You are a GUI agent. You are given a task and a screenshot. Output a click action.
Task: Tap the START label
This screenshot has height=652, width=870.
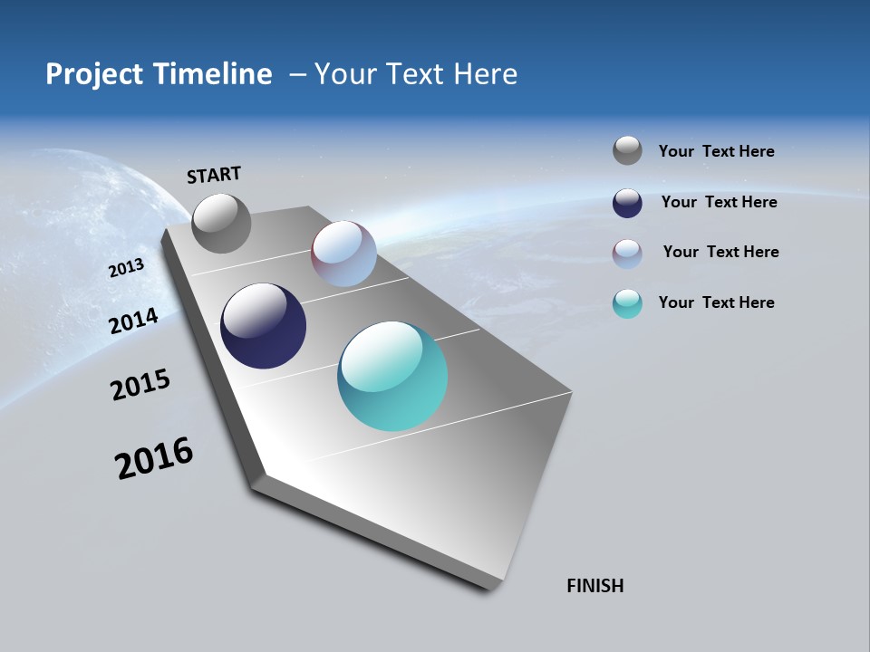214,175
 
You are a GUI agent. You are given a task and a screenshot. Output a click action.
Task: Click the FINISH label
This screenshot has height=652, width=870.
595,586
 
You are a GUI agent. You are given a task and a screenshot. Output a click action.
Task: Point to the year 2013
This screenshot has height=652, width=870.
127,268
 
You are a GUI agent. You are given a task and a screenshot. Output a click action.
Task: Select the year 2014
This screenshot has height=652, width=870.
134,321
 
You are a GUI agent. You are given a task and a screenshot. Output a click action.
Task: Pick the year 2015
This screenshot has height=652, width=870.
140,385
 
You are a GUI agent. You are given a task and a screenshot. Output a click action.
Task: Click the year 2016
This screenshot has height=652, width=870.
154,458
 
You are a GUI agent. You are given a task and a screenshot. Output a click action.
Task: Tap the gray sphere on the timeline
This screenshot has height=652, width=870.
222,223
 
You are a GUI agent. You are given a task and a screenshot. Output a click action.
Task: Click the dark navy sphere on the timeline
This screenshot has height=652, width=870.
264,326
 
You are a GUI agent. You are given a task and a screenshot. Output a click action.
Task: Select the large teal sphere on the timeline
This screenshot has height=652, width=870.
392,376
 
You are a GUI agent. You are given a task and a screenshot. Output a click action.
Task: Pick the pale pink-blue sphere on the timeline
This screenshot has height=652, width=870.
344,254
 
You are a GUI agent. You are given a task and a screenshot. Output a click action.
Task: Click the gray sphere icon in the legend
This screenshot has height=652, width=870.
627,151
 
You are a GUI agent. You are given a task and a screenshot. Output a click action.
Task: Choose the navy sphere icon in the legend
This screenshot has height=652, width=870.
627,203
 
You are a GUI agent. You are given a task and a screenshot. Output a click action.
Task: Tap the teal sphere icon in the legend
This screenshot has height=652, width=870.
627,303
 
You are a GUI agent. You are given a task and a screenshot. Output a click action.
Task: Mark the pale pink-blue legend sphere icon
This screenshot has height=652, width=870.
627,254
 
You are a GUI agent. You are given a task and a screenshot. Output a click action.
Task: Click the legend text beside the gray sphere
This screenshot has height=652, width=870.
717,151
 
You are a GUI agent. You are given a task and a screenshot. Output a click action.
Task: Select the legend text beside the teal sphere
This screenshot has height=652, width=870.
717,302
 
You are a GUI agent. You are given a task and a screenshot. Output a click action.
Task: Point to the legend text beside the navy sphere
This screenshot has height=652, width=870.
720,202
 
